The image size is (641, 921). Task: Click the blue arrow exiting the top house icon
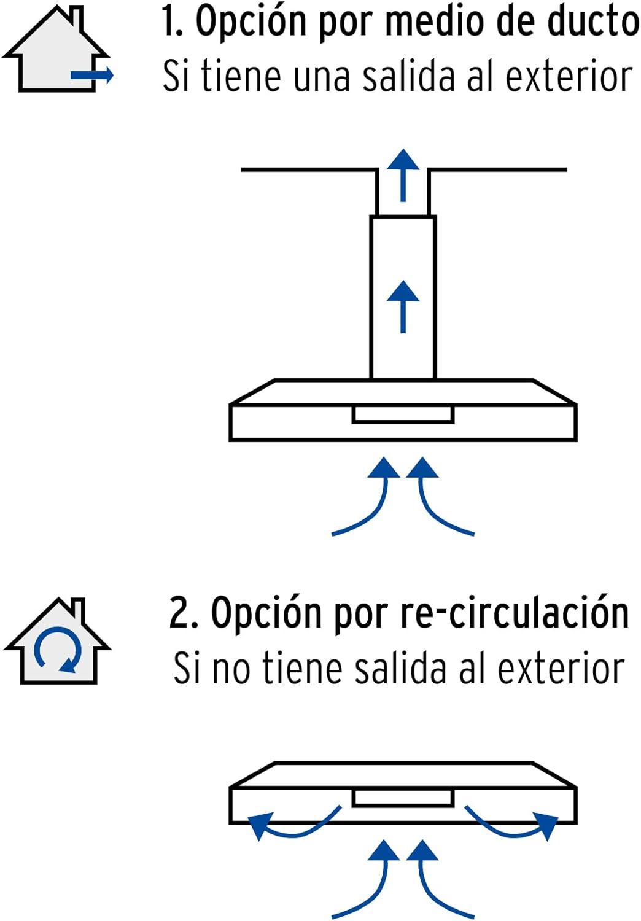pos(91,75)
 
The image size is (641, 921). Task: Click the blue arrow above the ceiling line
pos(403,175)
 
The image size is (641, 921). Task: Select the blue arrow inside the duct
pos(403,307)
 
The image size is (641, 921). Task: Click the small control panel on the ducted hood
pos(403,414)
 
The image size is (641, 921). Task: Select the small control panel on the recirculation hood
pos(403,798)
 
